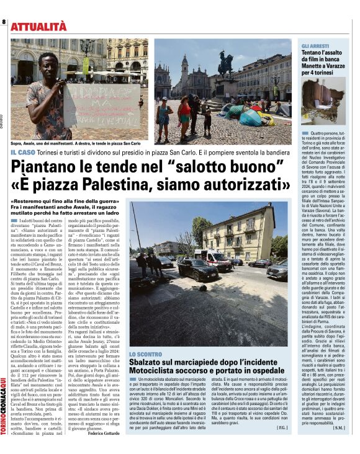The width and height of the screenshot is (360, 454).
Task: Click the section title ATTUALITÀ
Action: pos(38,26)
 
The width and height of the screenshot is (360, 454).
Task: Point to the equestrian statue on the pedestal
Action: pos(225,63)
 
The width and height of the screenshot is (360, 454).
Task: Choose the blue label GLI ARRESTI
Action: pos(315,47)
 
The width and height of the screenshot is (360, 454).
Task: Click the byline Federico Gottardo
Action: pos(106,432)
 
